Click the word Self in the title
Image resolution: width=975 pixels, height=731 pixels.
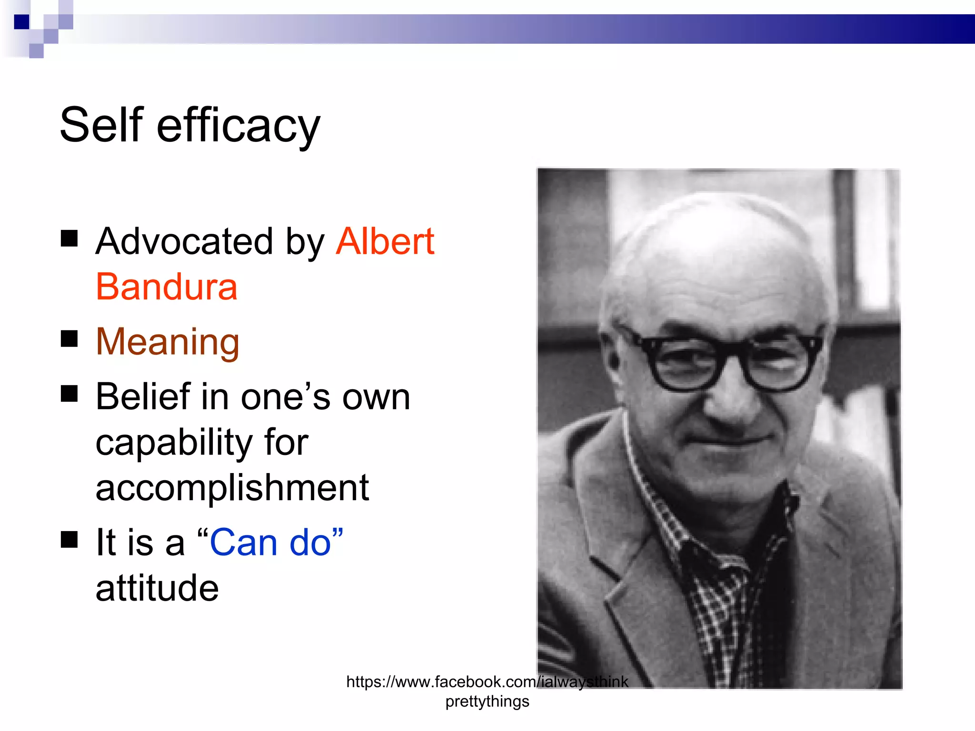coord(101,125)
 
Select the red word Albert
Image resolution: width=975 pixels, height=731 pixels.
coord(385,241)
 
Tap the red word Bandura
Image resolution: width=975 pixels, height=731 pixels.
coord(167,287)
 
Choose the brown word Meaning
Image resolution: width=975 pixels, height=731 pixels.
coord(168,342)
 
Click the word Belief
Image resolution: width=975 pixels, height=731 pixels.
coord(143,396)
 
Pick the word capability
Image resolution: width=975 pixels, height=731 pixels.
coord(174,443)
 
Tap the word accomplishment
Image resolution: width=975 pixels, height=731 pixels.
coord(232,488)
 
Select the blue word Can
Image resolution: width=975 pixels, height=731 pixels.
coord(244,543)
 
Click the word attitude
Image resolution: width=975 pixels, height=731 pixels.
coord(157,588)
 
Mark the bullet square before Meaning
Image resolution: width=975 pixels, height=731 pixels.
coord(70,339)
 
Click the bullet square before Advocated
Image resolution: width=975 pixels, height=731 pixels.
coord(70,238)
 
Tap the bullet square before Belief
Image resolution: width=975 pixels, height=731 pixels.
coord(70,394)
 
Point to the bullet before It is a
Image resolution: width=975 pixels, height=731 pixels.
coord(70,540)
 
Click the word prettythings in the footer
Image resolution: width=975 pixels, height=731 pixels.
coord(487,701)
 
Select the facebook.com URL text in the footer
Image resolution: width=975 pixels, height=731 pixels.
coord(487,682)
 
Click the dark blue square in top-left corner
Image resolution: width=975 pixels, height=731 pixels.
coord(21,22)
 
